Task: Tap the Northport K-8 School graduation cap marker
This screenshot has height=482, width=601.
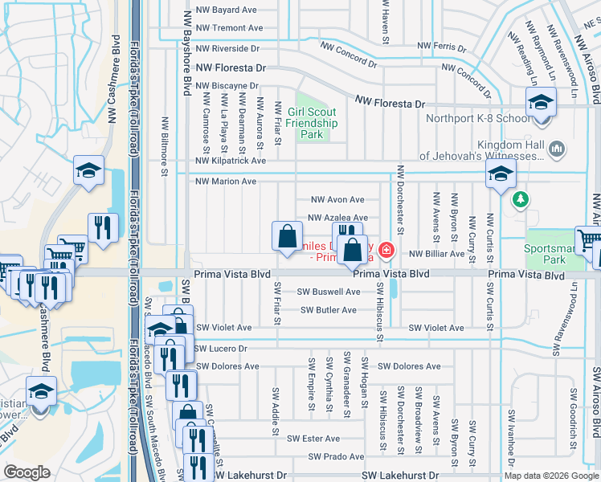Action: click(541, 102)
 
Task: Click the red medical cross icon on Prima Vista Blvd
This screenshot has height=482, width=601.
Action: click(386, 251)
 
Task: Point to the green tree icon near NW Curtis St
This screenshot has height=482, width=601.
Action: click(521, 198)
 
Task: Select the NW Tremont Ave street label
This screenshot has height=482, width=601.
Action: click(227, 27)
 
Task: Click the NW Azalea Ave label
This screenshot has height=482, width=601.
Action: click(337, 218)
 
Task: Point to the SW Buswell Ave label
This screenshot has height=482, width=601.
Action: click(329, 292)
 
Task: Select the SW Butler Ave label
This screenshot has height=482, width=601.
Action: click(329, 310)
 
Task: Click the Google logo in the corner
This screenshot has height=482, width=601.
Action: click(27, 472)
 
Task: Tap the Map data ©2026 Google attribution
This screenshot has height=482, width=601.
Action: click(550, 476)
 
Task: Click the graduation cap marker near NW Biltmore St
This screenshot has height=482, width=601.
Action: click(89, 171)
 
